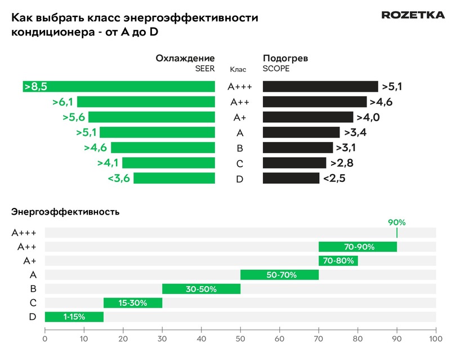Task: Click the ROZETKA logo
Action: [413, 15]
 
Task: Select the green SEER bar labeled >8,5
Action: [119, 86]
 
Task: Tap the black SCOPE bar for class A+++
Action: [320, 86]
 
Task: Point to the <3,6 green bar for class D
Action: [174, 178]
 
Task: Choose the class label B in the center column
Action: [240, 148]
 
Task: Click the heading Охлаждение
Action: [185, 58]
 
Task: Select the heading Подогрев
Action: [285, 58]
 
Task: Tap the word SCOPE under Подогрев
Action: [275, 69]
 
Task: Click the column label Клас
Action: [238, 70]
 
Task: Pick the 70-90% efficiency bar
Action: [357, 247]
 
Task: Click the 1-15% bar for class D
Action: [74, 317]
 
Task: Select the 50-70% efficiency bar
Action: [279, 275]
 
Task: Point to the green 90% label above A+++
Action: [396, 223]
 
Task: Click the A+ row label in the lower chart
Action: [30, 261]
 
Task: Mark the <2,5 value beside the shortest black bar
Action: [334, 178]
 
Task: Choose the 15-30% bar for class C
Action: [133, 303]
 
